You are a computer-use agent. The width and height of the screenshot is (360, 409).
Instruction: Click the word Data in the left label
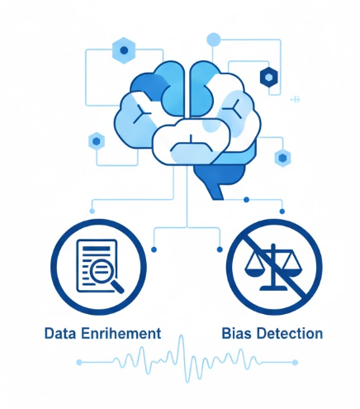coord(60,333)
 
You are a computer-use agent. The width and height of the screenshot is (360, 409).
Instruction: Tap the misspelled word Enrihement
coord(121,333)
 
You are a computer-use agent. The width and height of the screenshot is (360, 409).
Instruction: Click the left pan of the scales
coord(254,266)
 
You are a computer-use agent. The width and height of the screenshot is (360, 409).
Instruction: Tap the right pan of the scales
coord(291,266)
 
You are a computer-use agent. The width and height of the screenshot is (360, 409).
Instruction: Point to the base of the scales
coord(273,288)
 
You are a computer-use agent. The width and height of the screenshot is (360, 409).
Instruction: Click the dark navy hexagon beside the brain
coord(269,77)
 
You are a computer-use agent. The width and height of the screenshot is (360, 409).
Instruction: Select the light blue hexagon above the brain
coord(124,50)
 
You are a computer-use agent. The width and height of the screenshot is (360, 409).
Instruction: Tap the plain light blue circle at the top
coord(214,40)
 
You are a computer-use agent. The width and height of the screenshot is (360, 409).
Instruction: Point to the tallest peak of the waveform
coord(181,337)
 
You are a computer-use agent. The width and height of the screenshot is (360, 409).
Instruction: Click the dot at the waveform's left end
coord(79,362)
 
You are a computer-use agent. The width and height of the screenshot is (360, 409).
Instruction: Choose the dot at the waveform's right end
coord(295,362)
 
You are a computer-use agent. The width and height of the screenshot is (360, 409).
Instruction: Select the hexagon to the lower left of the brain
coord(97,141)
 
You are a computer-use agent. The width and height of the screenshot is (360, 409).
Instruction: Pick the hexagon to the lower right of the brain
coord(282,158)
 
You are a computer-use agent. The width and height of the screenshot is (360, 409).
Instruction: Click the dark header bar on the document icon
coord(96,249)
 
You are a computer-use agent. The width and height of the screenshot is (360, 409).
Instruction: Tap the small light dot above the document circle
coord(92,212)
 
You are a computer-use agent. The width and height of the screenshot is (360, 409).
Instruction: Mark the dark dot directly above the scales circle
coord(282,212)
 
